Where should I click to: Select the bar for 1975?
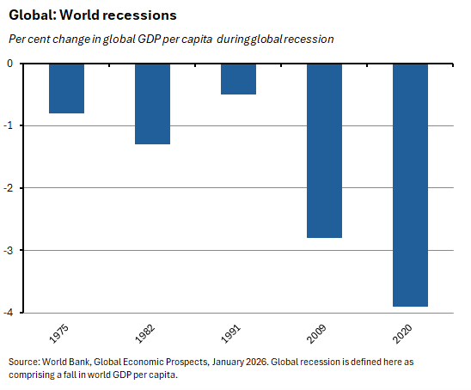(66, 88)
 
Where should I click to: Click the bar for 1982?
(152, 104)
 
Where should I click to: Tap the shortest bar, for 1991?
(238, 79)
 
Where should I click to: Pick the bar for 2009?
(324, 150)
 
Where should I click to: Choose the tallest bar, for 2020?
(410, 185)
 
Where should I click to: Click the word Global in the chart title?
(28, 15)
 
